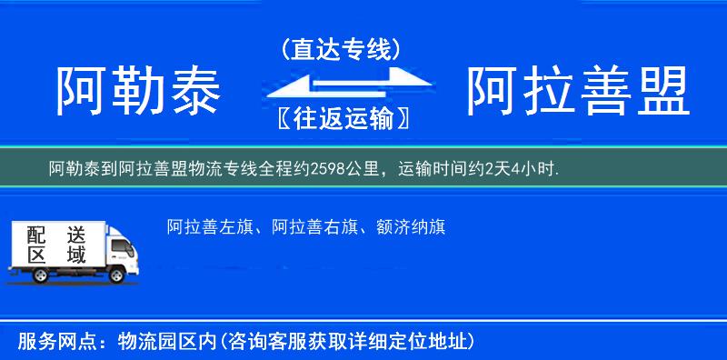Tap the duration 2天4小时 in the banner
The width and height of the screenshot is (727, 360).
point(521,168)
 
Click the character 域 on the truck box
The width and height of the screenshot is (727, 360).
point(75,255)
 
